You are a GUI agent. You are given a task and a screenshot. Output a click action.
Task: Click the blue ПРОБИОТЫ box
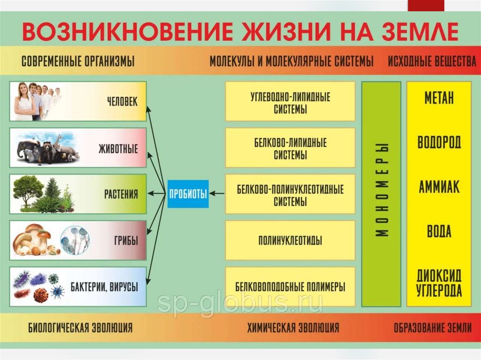click(x=188, y=193)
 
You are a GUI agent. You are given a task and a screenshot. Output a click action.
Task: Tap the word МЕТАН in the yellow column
click(x=439, y=98)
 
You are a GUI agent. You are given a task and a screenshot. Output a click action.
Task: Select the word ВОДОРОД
click(x=439, y=142)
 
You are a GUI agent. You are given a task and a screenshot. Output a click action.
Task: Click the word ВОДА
click(x=439, y=231)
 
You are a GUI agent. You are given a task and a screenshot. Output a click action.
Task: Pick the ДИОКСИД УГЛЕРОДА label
click(x=439, y=283)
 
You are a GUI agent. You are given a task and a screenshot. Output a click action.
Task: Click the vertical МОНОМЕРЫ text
click(x=381, y=190)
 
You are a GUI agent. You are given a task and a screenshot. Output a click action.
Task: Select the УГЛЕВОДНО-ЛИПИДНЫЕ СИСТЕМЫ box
click(x=290, y=103)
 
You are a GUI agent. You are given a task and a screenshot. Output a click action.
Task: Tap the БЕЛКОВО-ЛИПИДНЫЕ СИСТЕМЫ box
click(x=290, y=148)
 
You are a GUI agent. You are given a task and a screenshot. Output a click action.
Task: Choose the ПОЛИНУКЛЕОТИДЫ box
click(x=290, y=241)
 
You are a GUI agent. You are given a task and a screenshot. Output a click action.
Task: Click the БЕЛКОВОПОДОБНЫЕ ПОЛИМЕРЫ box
click(x=290, y=286)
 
